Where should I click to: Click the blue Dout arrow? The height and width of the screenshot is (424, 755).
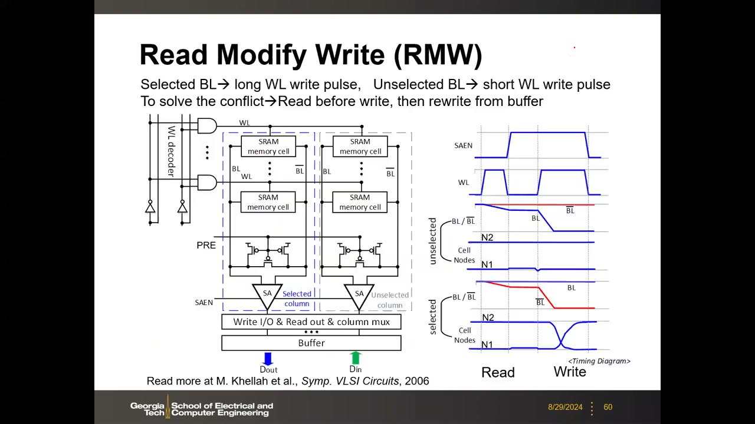(x=268, y=359)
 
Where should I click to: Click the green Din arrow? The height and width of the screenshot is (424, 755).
(x=356, y=357)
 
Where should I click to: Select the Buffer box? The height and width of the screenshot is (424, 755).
(x=311, y=343)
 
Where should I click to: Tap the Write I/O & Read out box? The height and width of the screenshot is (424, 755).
(x=311, y=322)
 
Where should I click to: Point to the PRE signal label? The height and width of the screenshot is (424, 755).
(x=206, y=246)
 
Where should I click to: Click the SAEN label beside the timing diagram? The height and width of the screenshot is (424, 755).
(x=463, y=145)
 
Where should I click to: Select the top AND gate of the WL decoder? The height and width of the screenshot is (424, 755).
(x=207, y=125)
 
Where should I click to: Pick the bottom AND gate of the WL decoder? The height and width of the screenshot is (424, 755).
(x=207, y=183)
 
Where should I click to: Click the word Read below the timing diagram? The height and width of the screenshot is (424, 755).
(x=498, y=373)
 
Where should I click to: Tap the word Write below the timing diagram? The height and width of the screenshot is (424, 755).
(x=570, y=372)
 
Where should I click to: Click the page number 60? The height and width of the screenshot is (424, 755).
(x=608, y=407)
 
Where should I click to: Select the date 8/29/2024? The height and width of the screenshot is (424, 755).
(x=565, y=407)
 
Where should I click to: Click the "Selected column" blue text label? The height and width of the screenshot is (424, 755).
(x=297, y=299)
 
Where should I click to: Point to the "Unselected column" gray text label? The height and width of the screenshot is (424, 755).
(x=390, y=300)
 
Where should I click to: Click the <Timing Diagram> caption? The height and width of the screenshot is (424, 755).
(x=599, y=361)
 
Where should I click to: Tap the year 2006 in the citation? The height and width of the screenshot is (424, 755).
(x=417, y=381)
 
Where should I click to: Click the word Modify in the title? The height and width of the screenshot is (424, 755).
(x=261, y=56)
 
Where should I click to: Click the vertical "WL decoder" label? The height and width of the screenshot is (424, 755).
(x=172, y=151)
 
